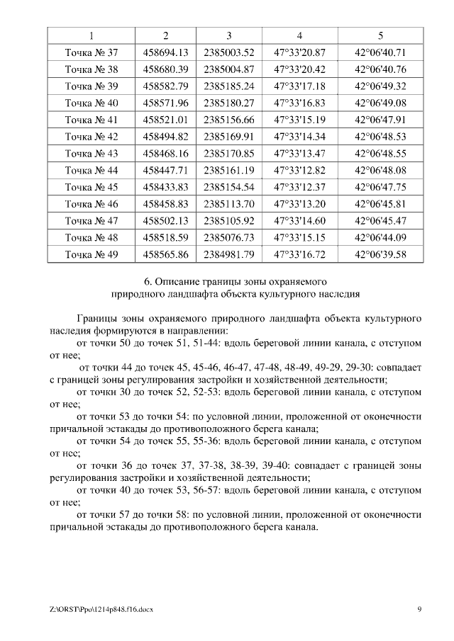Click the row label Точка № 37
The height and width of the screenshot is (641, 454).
tap(92, 52)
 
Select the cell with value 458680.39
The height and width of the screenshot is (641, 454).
tap(165, 69)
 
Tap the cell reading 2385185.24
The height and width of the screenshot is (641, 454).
tap(228, 86)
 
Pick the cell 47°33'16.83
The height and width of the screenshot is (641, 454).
tap(299, 103)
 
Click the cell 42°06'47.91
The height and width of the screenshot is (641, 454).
tap(380, 120)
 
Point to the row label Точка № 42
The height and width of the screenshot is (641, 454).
tap(92, 137)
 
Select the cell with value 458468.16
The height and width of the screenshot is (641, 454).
tap(165, 154)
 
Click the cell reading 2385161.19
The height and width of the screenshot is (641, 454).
tap(228, 171)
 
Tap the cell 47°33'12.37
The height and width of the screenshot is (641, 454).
tap(299, 188)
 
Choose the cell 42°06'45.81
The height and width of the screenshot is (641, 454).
tap(380, 204)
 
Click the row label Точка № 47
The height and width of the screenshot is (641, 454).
tap(92, 221)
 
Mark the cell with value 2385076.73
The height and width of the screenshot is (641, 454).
tap(228, 238)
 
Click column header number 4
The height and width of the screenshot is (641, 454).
tap(299, 35)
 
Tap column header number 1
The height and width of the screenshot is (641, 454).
tap(92, 35)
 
